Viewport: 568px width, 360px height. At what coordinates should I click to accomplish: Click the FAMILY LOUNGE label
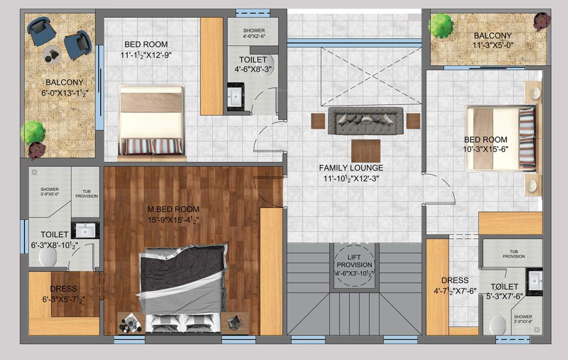(x=351, y=167)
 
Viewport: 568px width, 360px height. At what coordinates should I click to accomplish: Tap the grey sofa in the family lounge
(x=366, y=121)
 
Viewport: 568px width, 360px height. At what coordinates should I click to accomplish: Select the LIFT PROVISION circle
(x=354, y=264)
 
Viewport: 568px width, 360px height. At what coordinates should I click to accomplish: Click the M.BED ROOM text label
(x=173, y=209)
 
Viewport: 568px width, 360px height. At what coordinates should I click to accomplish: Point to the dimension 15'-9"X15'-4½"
(x=173, y=219)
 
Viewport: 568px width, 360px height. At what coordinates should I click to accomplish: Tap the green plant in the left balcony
(x=33, y=133)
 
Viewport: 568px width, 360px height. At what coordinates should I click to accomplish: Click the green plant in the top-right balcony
(x=441, y=25)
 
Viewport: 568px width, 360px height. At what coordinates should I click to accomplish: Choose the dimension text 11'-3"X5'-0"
(x=492, y=45)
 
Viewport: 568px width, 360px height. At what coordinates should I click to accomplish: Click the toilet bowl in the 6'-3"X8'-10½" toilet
(x=48, y=256)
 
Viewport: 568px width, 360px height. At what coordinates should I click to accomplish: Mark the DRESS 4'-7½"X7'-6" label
(x=455, y=285)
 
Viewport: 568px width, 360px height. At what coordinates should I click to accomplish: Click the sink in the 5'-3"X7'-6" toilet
(x=535, y=281)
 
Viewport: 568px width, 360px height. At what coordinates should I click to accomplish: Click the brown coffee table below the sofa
(x=366, y=150)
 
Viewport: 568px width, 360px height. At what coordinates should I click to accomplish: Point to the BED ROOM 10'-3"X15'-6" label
(x=486, y=144)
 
